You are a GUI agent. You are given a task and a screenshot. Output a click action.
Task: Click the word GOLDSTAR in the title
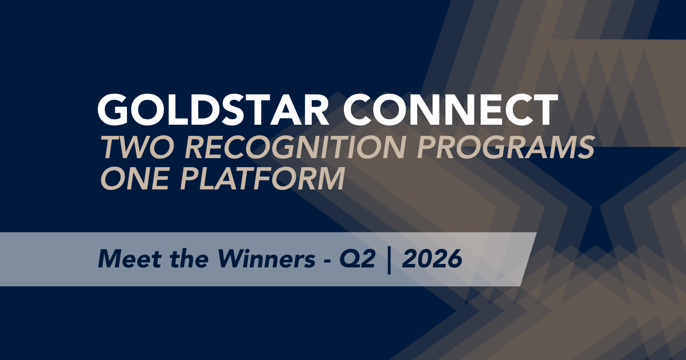(x=214, y=109)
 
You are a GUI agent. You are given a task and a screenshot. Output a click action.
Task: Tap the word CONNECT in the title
(x=450, y=109)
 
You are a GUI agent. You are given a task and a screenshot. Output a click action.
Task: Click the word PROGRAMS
(x=505, y=147)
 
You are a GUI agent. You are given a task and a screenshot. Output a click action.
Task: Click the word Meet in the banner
(x=129, y=259)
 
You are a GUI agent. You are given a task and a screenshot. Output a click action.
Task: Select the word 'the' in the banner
(x=189, y=259)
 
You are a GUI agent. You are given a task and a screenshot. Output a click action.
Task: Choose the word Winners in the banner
(x=266, y=259)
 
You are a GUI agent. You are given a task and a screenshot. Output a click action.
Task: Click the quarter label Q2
(x=357, y=259)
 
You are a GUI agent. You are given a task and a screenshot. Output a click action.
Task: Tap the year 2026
(x=432, y=259)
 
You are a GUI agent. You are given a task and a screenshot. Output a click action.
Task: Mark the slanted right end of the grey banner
(x=529, y=259)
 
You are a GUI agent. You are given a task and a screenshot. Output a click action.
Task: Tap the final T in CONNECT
(x=544, y=109)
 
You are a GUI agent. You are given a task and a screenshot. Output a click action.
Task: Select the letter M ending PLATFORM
(x=330, y=178)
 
